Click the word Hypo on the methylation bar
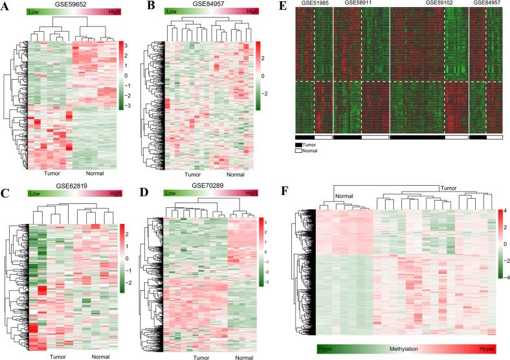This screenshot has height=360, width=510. tap(327, 349)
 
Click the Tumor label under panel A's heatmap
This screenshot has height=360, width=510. tap(52, 173)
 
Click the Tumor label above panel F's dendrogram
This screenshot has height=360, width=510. tap(448, 188)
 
